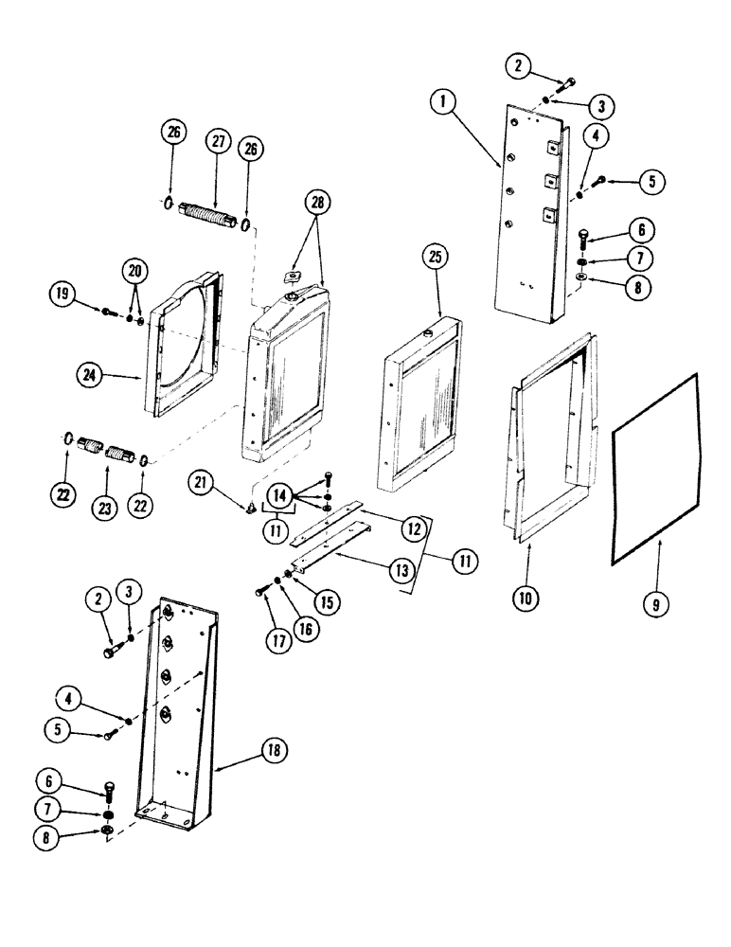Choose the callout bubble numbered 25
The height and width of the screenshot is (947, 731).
[x=437, y=258]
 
